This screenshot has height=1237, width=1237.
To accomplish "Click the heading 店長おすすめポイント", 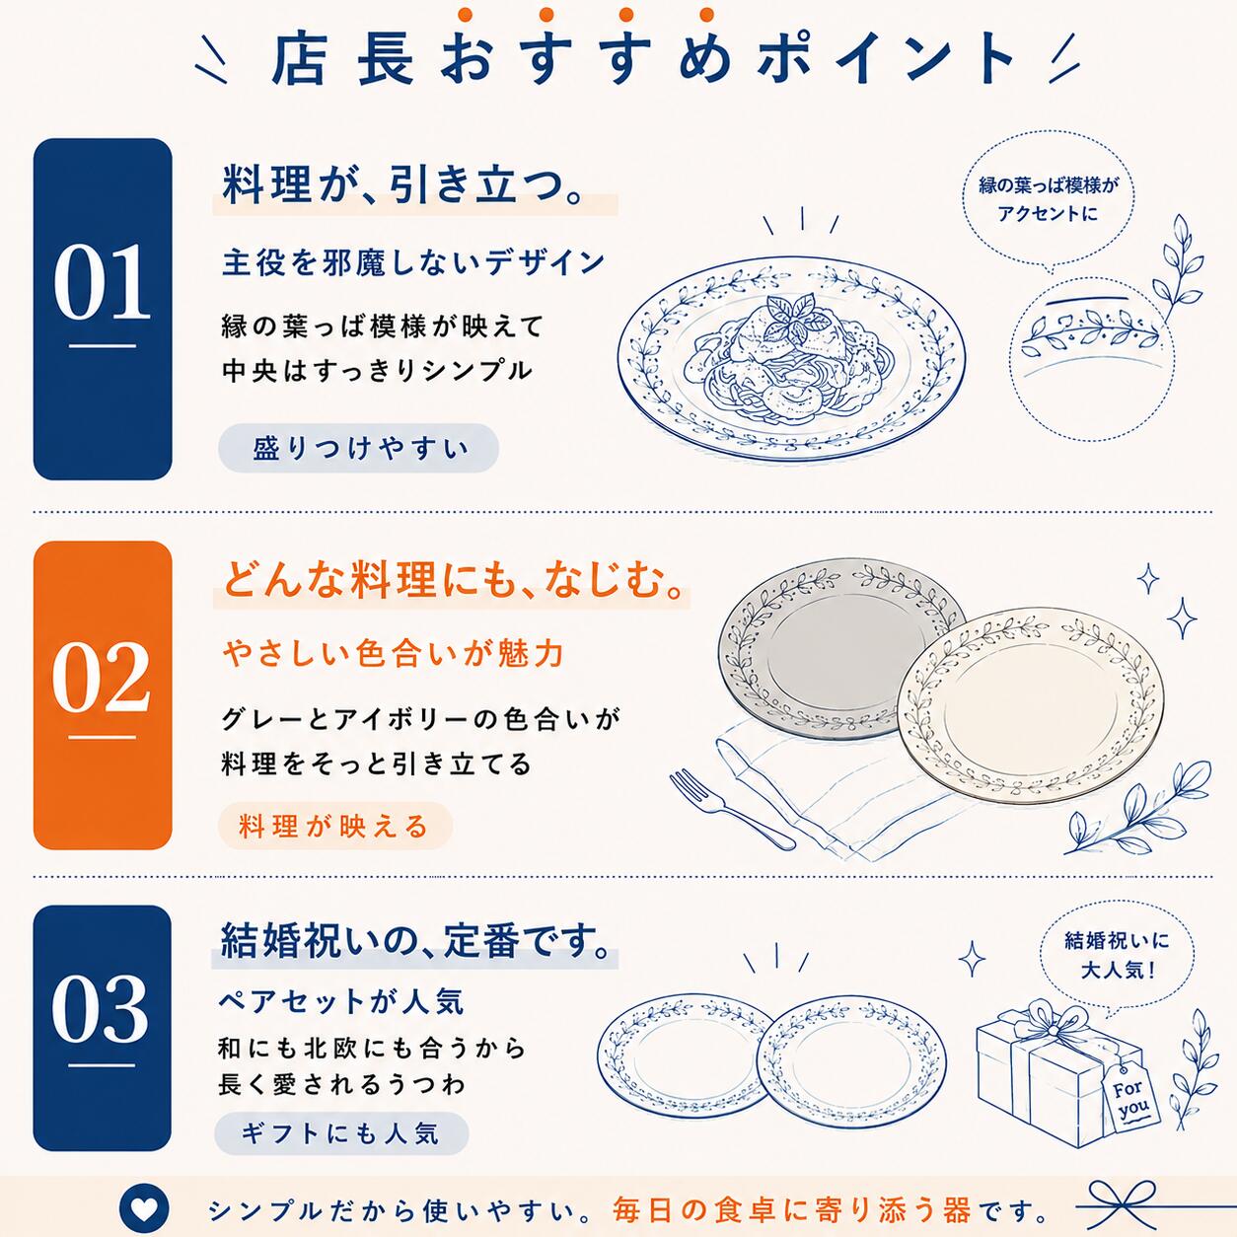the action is [x=642, y=61].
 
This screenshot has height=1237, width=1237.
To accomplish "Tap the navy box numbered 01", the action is [x=103, y=309].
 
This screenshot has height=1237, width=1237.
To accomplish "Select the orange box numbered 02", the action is [x=103, y=695].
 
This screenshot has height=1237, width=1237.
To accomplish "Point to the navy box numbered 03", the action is [x=103, y=1028].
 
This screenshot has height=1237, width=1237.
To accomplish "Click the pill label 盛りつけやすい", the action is [x=359, y=448].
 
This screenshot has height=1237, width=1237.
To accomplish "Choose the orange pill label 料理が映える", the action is [x=335, y=826].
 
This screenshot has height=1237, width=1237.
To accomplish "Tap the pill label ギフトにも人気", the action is [x=341, y=1133].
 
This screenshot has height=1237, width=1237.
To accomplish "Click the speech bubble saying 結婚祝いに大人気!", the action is [x=1117, y=955].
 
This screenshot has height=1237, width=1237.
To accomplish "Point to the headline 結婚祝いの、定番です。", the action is [x=415, y=941].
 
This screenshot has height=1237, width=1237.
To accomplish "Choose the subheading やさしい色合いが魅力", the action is [x=393, y=654].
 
